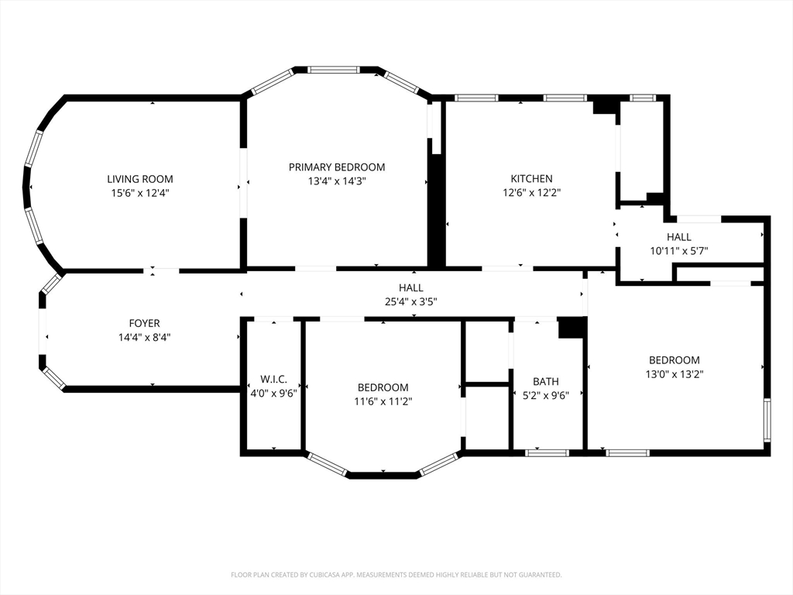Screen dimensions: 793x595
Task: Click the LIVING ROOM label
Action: [x=140, y=179]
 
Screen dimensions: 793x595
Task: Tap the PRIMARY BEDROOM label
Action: [x=337, y=167]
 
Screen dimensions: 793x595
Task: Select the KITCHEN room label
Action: [x=531, y=179]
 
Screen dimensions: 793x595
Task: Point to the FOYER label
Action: [x=144, y=323]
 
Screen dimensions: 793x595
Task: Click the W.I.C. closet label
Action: [x=273, y=379]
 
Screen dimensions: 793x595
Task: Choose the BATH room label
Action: [x=546, y=381]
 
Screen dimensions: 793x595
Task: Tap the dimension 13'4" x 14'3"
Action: [x=337, y=181]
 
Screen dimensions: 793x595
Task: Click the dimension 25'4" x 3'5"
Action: [x=411, y=302]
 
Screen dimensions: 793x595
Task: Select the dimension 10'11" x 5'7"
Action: [x=678, y=250]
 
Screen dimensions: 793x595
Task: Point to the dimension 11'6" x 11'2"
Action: [x=383, y=402]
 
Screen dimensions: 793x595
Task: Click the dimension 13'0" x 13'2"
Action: [x=675, y=374]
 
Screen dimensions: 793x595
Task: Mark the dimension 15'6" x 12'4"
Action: [x=140, y=193]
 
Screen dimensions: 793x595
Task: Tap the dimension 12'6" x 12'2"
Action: [x=531, y=192]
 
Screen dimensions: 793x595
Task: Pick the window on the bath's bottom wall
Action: [x=547, y=452]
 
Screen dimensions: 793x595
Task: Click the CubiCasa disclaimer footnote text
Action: [x=396, y=575]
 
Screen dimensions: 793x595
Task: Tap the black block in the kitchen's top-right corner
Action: [x=606, y=105]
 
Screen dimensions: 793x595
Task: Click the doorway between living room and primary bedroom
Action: [x=243, y=183]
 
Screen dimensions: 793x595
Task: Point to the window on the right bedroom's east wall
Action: [x=767, y=420]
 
